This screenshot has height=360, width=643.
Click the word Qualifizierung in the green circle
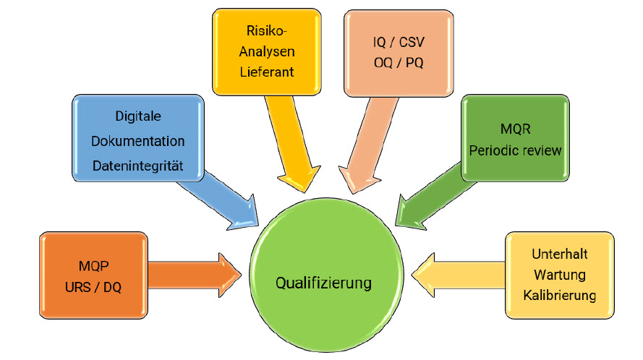[323, 282]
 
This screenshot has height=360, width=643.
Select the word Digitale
[138, 116]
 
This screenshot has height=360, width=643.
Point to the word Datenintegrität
[138, 166]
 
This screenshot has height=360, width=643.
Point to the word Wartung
[560, 275]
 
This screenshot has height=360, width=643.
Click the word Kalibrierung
[560, 295]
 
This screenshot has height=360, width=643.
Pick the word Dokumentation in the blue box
[138, 141]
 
